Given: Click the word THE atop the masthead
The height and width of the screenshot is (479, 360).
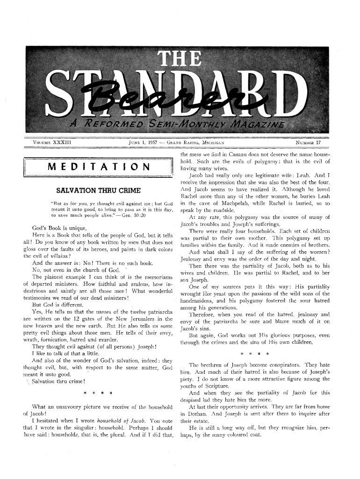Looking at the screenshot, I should coord(180,59).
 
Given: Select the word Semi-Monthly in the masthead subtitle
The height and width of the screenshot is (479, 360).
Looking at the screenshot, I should coord(177,123).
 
